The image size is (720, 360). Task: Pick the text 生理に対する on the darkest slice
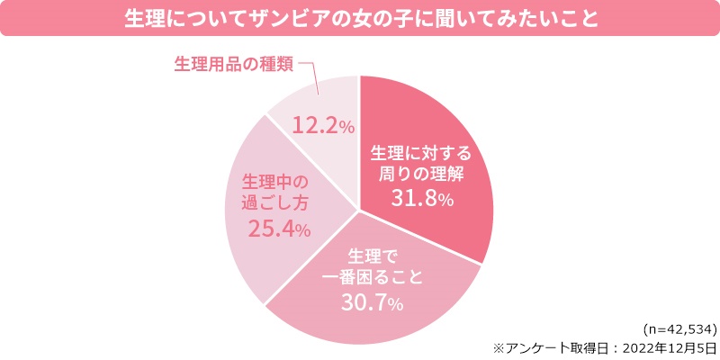[x=420, y=149]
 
